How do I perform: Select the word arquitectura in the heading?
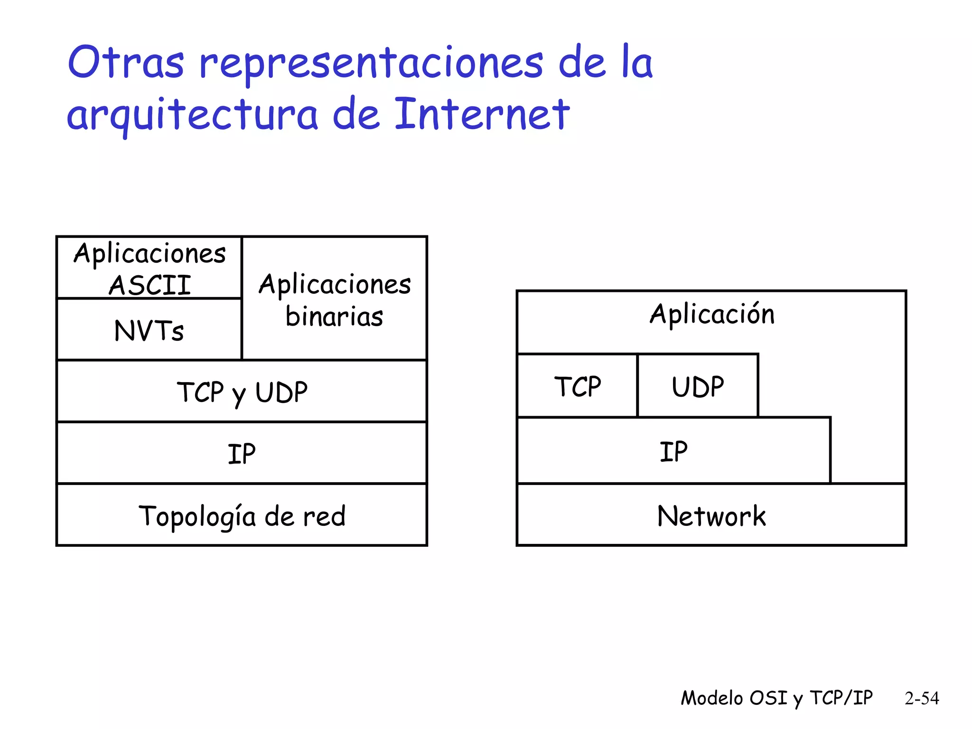(x=192, y=115)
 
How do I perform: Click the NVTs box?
(x=149, y=330)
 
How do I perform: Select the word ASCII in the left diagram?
(x=150, y=285)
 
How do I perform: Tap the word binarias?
(x=334, y=317)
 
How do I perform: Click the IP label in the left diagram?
(x=242, y=454)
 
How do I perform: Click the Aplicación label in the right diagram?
(x=712, y=314)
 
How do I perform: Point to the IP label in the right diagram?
(x=673, y=451)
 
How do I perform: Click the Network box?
(x=711, y=515)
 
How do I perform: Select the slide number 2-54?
(x=922, y=698)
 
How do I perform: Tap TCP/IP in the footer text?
(x=841, y=698)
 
